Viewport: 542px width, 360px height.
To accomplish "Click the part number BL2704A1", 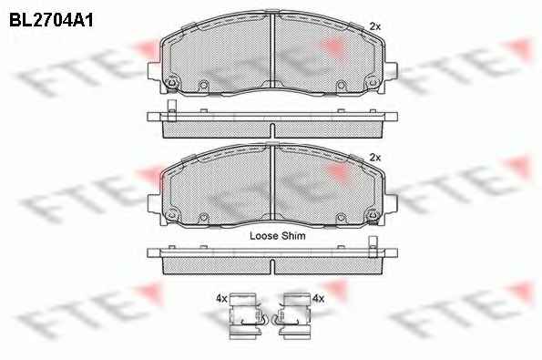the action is pos(51,21).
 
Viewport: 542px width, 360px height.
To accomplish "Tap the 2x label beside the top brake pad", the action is pos(374,26).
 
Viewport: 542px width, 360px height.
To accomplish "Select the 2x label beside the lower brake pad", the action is pos(374,158).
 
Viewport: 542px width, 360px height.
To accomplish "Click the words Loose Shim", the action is pos(278,236).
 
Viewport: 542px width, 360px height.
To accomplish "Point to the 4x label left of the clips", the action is pos(221,298).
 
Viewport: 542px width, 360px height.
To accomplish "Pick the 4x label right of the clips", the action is pos(318,298).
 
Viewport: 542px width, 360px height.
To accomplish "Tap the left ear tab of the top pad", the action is pos(154,71).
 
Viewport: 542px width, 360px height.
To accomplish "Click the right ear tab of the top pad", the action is pos(391,71).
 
